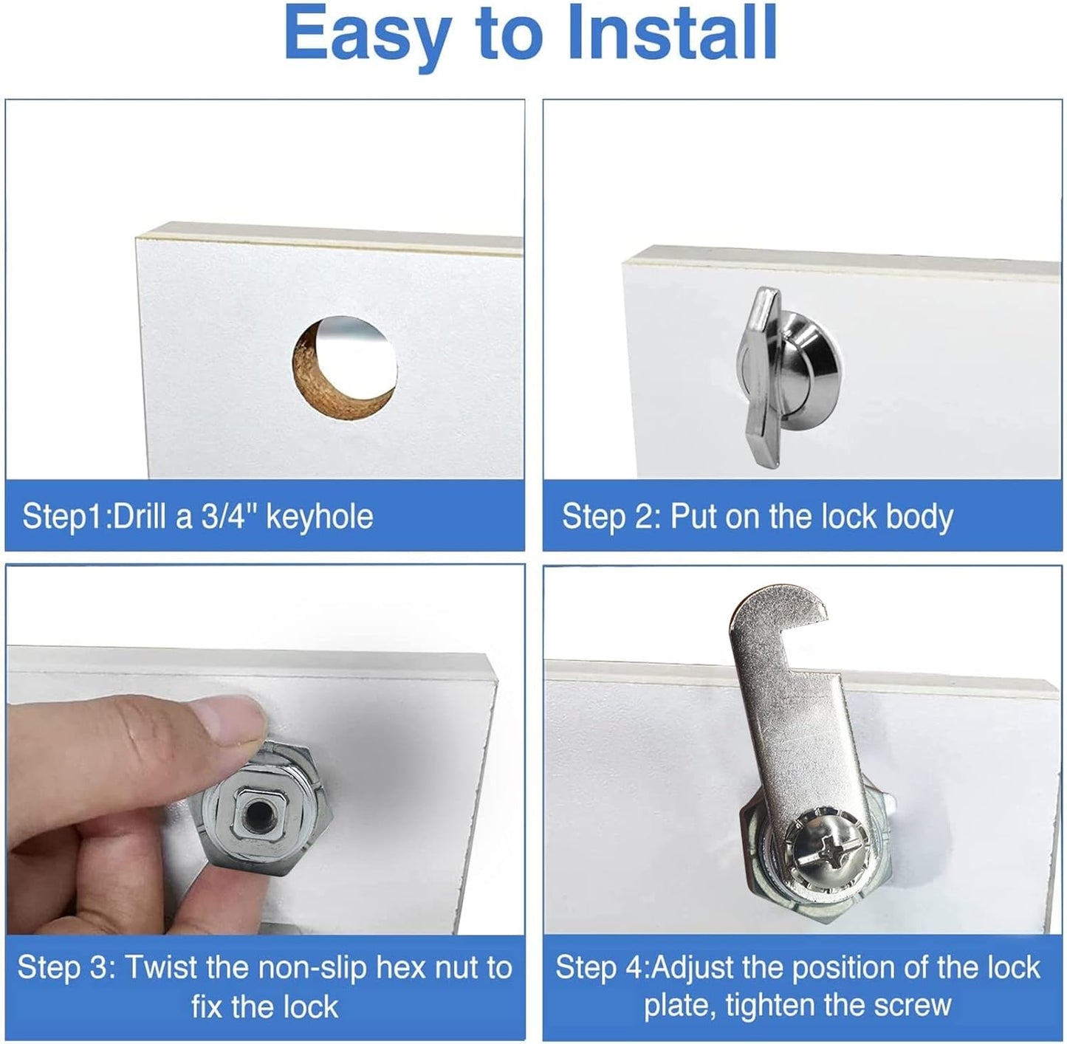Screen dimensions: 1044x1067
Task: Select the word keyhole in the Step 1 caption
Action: [319, 516]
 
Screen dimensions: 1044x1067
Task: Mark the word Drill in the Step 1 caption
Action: [140, 516]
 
